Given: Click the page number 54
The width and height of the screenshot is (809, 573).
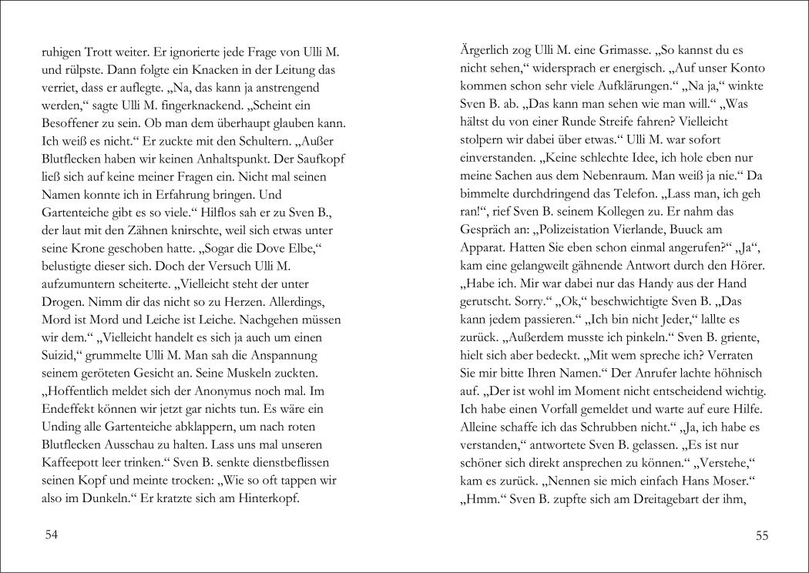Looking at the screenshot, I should point(52,535).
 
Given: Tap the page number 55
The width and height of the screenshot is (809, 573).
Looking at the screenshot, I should point(761,535).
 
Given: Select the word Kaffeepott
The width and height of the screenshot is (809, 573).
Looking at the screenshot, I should point(74,461).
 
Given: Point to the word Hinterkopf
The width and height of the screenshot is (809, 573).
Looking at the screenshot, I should point(264,497).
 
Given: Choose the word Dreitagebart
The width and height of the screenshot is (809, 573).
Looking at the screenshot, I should point(664,497).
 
